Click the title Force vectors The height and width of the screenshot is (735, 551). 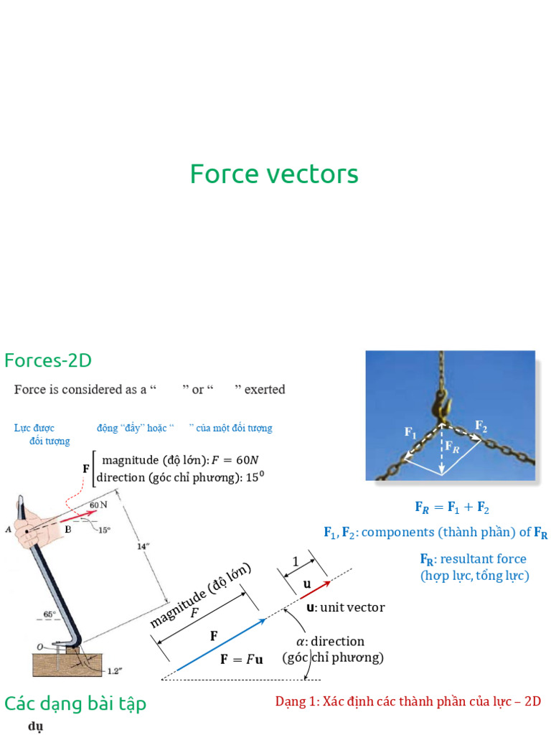coord(274,174)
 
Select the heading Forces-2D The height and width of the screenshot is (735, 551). coord(48,360)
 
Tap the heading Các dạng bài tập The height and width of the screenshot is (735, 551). coord(75,703)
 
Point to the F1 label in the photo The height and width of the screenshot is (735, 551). coord(410,432)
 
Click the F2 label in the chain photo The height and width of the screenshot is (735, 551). coord(481,425)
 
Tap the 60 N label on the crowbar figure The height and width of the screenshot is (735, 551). coord(98,505)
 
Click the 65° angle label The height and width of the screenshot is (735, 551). coord(49,614)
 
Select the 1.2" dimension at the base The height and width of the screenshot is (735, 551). coord(115,671)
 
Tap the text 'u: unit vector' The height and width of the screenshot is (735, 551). coord(345,608)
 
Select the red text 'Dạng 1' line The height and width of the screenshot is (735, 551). coord(408,701)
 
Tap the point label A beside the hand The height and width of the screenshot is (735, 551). coord(8,530)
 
